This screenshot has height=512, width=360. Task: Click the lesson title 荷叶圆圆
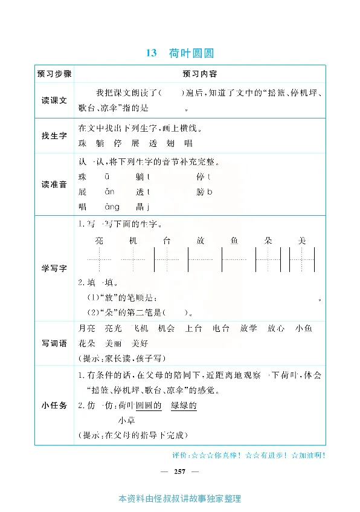[192, 53]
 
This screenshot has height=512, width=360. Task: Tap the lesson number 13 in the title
[151, 53]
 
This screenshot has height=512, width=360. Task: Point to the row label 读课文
[54, 100]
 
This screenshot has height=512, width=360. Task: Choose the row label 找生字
[54, 136]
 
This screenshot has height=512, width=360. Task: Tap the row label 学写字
[54, 269]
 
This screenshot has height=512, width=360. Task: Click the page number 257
[179, 471]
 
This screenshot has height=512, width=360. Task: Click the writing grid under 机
[133, 261]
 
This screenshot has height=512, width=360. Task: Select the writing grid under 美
[302, 261]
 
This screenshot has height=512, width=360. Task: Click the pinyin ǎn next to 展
[109, 192]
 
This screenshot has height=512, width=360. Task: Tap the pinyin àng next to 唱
[112, 207]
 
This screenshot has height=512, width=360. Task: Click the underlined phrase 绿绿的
[184, 406]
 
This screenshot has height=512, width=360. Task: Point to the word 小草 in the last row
[126, 421]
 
